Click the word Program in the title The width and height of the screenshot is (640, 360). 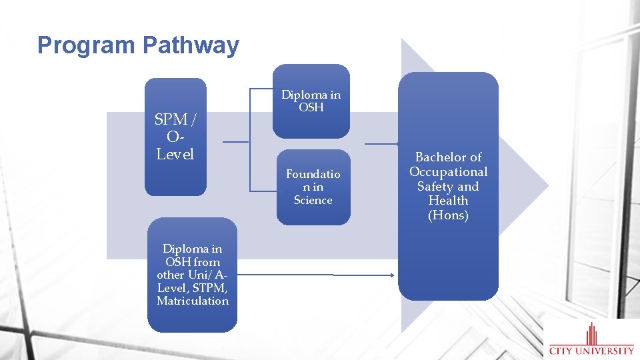pos(87,45)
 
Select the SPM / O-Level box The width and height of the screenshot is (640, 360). pos(175,137)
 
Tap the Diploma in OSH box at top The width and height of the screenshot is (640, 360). pos(311,101)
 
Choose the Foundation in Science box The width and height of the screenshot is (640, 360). pos(313,187)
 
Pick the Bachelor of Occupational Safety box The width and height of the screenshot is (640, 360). pos(448,186)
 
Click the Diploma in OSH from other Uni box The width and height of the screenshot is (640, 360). pos(192,275)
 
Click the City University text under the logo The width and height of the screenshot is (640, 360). pos(591,350)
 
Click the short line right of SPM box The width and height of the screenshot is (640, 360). pos(235,142)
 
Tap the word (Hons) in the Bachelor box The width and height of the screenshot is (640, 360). pos(449,215)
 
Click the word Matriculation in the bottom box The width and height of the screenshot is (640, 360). pos(193,301)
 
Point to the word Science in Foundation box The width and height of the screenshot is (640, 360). pos(313,200)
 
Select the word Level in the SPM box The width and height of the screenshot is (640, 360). pos(175,155)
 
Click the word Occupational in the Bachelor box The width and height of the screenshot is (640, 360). pos(449,172)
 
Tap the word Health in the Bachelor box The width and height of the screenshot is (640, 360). pos(448,201)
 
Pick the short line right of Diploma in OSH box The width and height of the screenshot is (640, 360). pos(381,143)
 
